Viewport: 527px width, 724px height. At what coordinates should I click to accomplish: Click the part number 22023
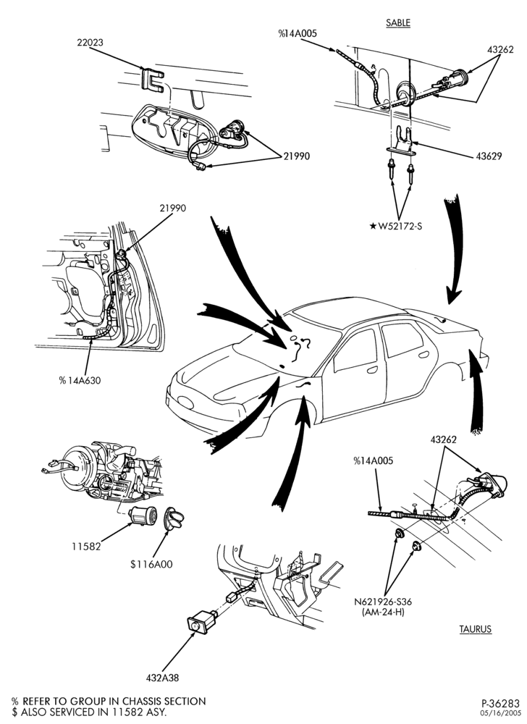(90, 43)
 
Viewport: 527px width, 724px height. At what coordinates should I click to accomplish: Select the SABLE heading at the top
(398, 22)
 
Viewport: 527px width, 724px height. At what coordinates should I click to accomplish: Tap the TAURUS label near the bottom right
(476, 629)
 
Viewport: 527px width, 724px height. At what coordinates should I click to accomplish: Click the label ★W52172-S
(397, 227)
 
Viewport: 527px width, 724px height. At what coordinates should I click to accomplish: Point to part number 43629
(489, 156)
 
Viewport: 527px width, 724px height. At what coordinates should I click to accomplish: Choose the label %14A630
(80, 381)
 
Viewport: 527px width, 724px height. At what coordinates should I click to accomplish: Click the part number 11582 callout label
(86, 546)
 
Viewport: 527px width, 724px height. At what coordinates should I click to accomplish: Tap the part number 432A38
(162, 678)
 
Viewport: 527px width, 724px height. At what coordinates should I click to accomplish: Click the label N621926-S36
(383, 602)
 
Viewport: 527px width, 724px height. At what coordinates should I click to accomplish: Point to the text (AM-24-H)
(383, 613)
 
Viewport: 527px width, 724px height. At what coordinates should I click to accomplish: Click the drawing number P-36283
(501, 704)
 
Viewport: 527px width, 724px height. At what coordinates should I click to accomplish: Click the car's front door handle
(372, 370)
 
